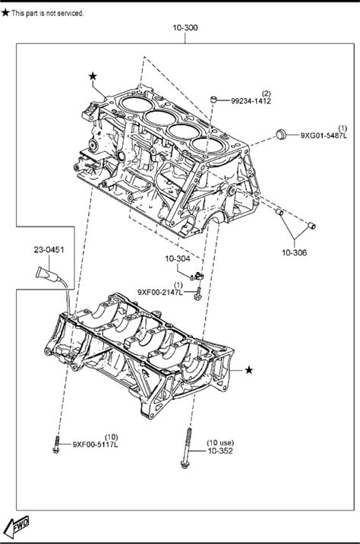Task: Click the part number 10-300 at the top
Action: pyautogui.click(x=185, y=28)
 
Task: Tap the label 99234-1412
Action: pyautogui.click(x=251, y=101)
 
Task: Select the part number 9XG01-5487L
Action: pyautogui.click(x=324, y=135)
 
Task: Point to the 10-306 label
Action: pyautogui.click(x=294, y=252)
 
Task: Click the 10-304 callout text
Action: pyautogui.click(x=177, y=258)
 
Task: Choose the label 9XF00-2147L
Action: pyautogui.click(x=160, y=292)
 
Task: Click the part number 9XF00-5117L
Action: pyautogui.click(x=96, y=444)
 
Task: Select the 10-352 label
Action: pyautogui.click(x=220, y=451)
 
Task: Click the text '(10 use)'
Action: pyautogui.click(x=220, y=443)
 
